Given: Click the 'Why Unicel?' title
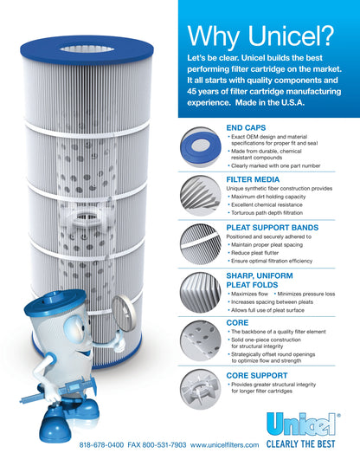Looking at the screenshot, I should [x=260, y=36].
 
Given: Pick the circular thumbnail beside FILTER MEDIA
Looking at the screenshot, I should [x=199, y=192].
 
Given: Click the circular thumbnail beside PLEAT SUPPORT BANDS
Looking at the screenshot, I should [x=199, y=242].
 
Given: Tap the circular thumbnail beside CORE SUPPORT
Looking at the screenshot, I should [x=199, y=386].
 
